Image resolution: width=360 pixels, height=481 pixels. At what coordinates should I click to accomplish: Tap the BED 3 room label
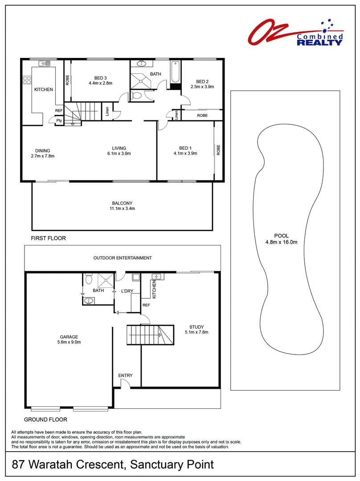click(x=100, y=77)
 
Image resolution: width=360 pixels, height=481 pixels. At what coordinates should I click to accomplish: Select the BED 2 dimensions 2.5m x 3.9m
click(x=202, y=87)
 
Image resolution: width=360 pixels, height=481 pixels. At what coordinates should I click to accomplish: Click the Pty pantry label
click(x=58, y=121)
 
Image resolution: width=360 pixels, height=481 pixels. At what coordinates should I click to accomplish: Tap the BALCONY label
click(x=122, y=203)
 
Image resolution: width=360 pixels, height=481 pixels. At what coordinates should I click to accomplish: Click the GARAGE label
click(x=69, y=337)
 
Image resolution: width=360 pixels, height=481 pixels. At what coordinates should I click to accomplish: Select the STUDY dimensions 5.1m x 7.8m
click(x=196, y=332)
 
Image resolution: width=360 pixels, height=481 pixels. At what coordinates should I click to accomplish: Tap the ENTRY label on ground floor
click(x=125, y=375)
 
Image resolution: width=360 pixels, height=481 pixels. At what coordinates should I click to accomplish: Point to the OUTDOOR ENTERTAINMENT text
click(x=123, y=258)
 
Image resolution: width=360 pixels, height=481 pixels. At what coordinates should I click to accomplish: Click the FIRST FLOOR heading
click(x=48, y=238)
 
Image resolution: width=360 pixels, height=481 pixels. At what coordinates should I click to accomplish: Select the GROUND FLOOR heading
click(x=45, y=420)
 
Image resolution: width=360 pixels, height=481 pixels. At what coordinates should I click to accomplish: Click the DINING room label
click(x=43, y=151)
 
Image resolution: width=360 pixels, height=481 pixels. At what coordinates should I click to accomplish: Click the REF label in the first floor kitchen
click(x=58, y=110)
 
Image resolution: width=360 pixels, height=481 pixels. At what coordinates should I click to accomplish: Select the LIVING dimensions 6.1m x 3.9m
click(x=119, y=154)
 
